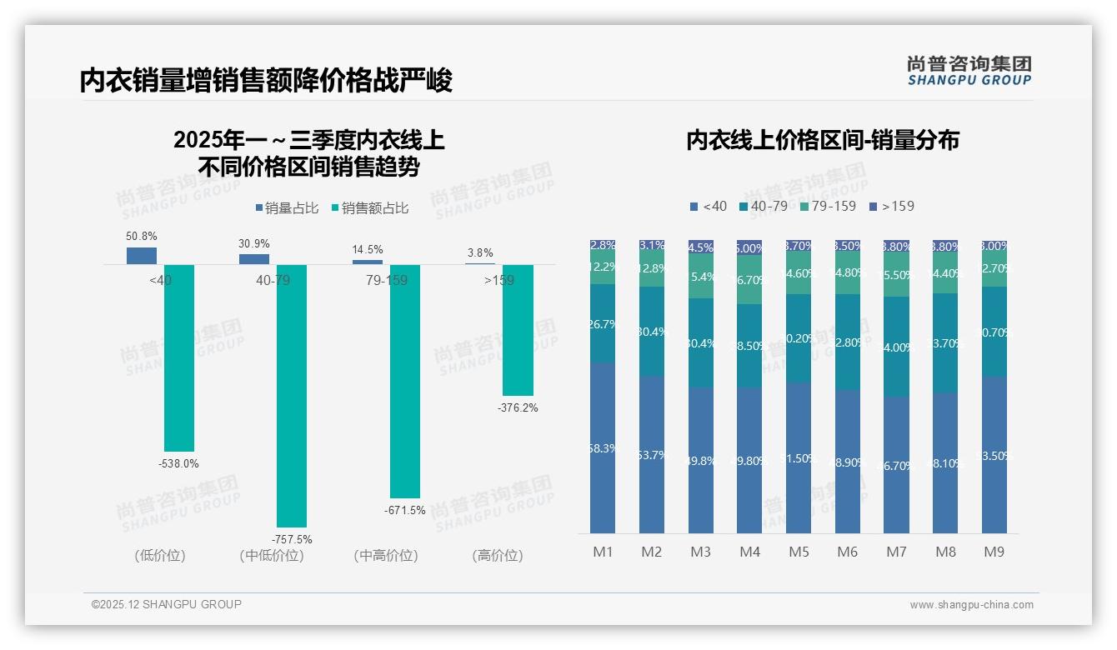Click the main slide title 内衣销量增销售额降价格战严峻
[x=266, y=81]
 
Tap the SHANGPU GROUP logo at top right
[x=969, y=71]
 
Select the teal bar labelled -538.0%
[x=179, y=357]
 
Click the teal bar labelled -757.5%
[x=292, y=396]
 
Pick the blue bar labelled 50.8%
[x=142, y=255]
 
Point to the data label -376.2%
[x=518, y=407]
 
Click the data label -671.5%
[x=405, y=510]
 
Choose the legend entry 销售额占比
[x=370, y=208]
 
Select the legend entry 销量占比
[x=287, y=208]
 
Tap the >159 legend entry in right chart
[x=891, y=206]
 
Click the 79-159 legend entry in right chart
[x=827, y=206]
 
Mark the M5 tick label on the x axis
[x=799, y=552]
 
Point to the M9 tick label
[x=994, y=552]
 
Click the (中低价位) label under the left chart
[x=271, y=555]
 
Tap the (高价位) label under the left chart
[x=497, y=555]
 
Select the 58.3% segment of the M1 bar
[x=603, y=448]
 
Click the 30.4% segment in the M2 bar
[x=651, y=332]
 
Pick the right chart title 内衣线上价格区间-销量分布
[x=822, y=140]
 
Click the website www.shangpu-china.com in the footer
[x=971, y=605]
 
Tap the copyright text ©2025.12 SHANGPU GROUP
[x=167, y=604]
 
